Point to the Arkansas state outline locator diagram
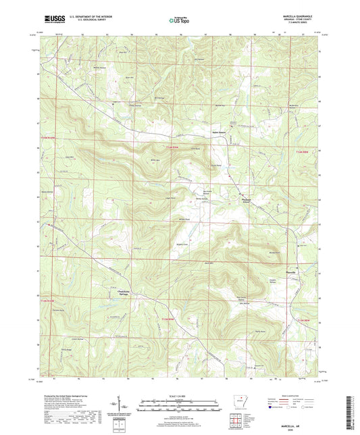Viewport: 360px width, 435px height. (x=240, y=403)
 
